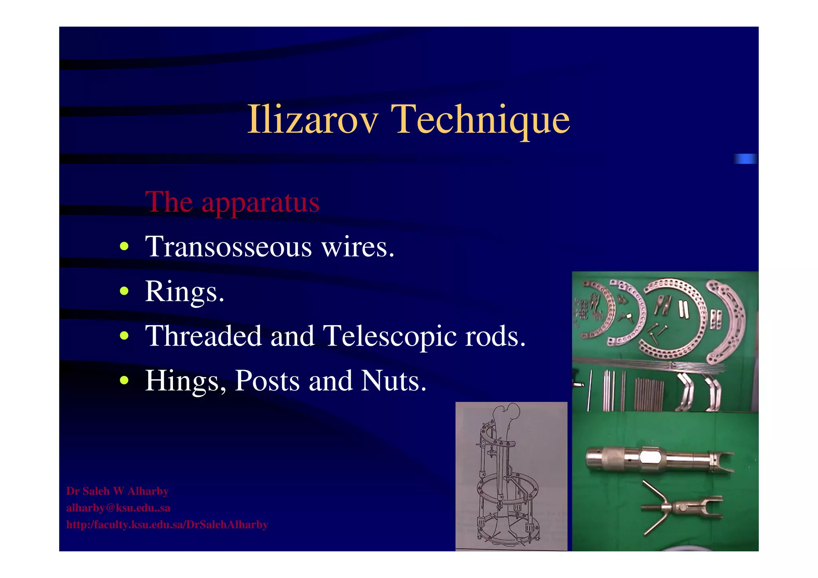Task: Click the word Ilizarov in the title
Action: click(313, 119)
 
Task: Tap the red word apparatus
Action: click(260, 202)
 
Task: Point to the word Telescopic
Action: click(389, 336)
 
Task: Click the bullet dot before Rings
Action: click(124, 291)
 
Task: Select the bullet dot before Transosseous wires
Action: click(124, 246)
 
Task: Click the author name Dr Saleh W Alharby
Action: click(117, 491)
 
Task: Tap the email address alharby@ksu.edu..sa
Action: click(118, 508)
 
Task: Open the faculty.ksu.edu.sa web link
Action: click(167, 524)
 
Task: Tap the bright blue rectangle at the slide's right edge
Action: click(745, 159)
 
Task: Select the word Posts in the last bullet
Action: click(267, 381)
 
